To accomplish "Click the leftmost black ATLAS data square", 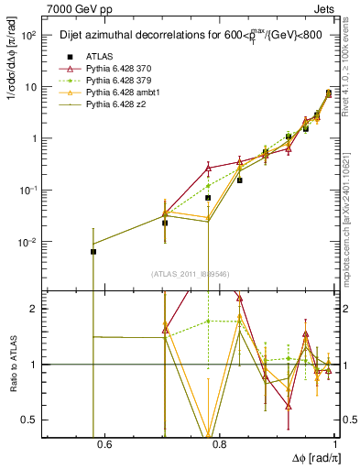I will click(93, 251).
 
